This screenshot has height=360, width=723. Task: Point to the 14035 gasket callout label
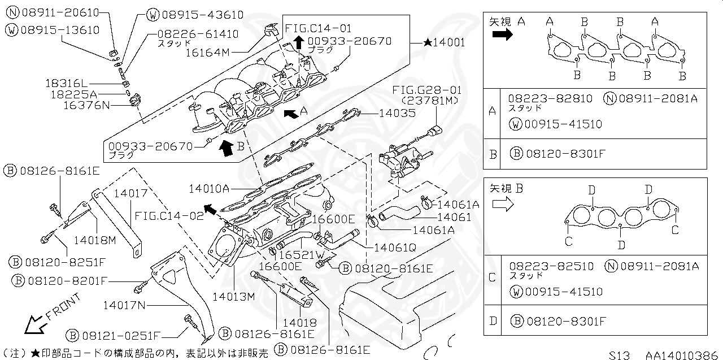397,113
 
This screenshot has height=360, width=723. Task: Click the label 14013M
234,296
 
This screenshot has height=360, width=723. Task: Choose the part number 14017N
124,305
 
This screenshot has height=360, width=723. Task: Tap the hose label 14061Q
395,247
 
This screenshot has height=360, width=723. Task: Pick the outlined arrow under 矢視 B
502,204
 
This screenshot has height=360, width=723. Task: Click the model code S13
620,354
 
